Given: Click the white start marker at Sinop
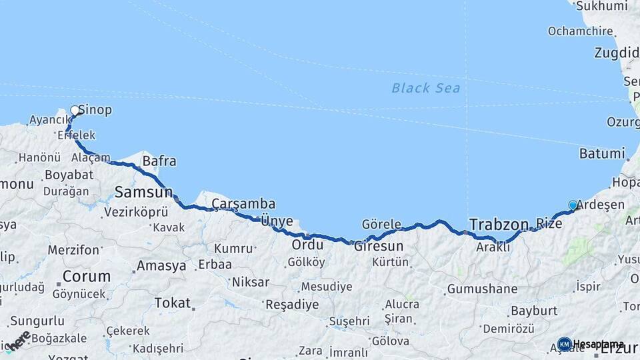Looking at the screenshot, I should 75,110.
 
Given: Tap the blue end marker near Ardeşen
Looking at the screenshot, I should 573,205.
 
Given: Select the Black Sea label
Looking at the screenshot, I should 425,88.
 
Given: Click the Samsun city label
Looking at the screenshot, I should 143,193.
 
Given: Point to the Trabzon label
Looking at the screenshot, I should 499,225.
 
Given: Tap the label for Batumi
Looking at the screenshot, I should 602,153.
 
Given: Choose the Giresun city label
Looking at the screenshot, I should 379,245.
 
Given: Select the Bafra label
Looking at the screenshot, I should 159,161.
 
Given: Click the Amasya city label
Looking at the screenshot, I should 161,266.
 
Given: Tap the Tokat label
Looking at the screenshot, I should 172,303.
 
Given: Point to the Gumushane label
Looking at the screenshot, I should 482,289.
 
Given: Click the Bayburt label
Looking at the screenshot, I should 533,311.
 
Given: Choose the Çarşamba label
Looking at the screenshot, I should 243,204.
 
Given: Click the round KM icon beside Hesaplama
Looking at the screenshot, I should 564,344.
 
